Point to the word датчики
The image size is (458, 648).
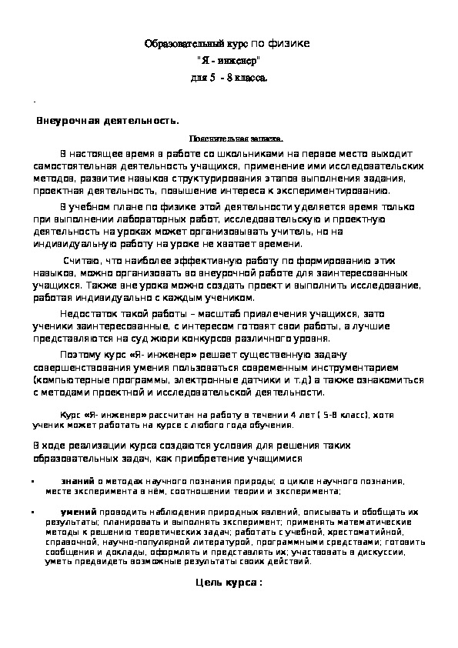(242, 380)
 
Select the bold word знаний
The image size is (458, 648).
(77, 480)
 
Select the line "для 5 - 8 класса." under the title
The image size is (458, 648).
(229, 78)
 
